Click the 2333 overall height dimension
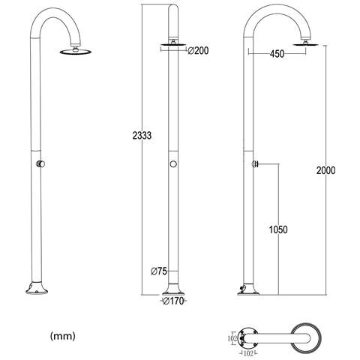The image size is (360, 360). tap(142, 136)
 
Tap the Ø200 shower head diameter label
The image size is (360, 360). tap(198, 51)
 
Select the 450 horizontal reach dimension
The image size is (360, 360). tap(277, 54)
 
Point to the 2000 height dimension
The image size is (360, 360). tap(325, 170)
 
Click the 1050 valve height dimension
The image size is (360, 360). tap(278, 229)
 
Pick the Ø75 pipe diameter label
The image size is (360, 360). tap(159, 271)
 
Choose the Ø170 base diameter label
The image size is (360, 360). tap(173, 301)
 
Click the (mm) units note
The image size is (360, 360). tap(63, 336)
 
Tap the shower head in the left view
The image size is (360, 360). tap(76, 51)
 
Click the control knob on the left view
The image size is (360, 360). tap(40, 164)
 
